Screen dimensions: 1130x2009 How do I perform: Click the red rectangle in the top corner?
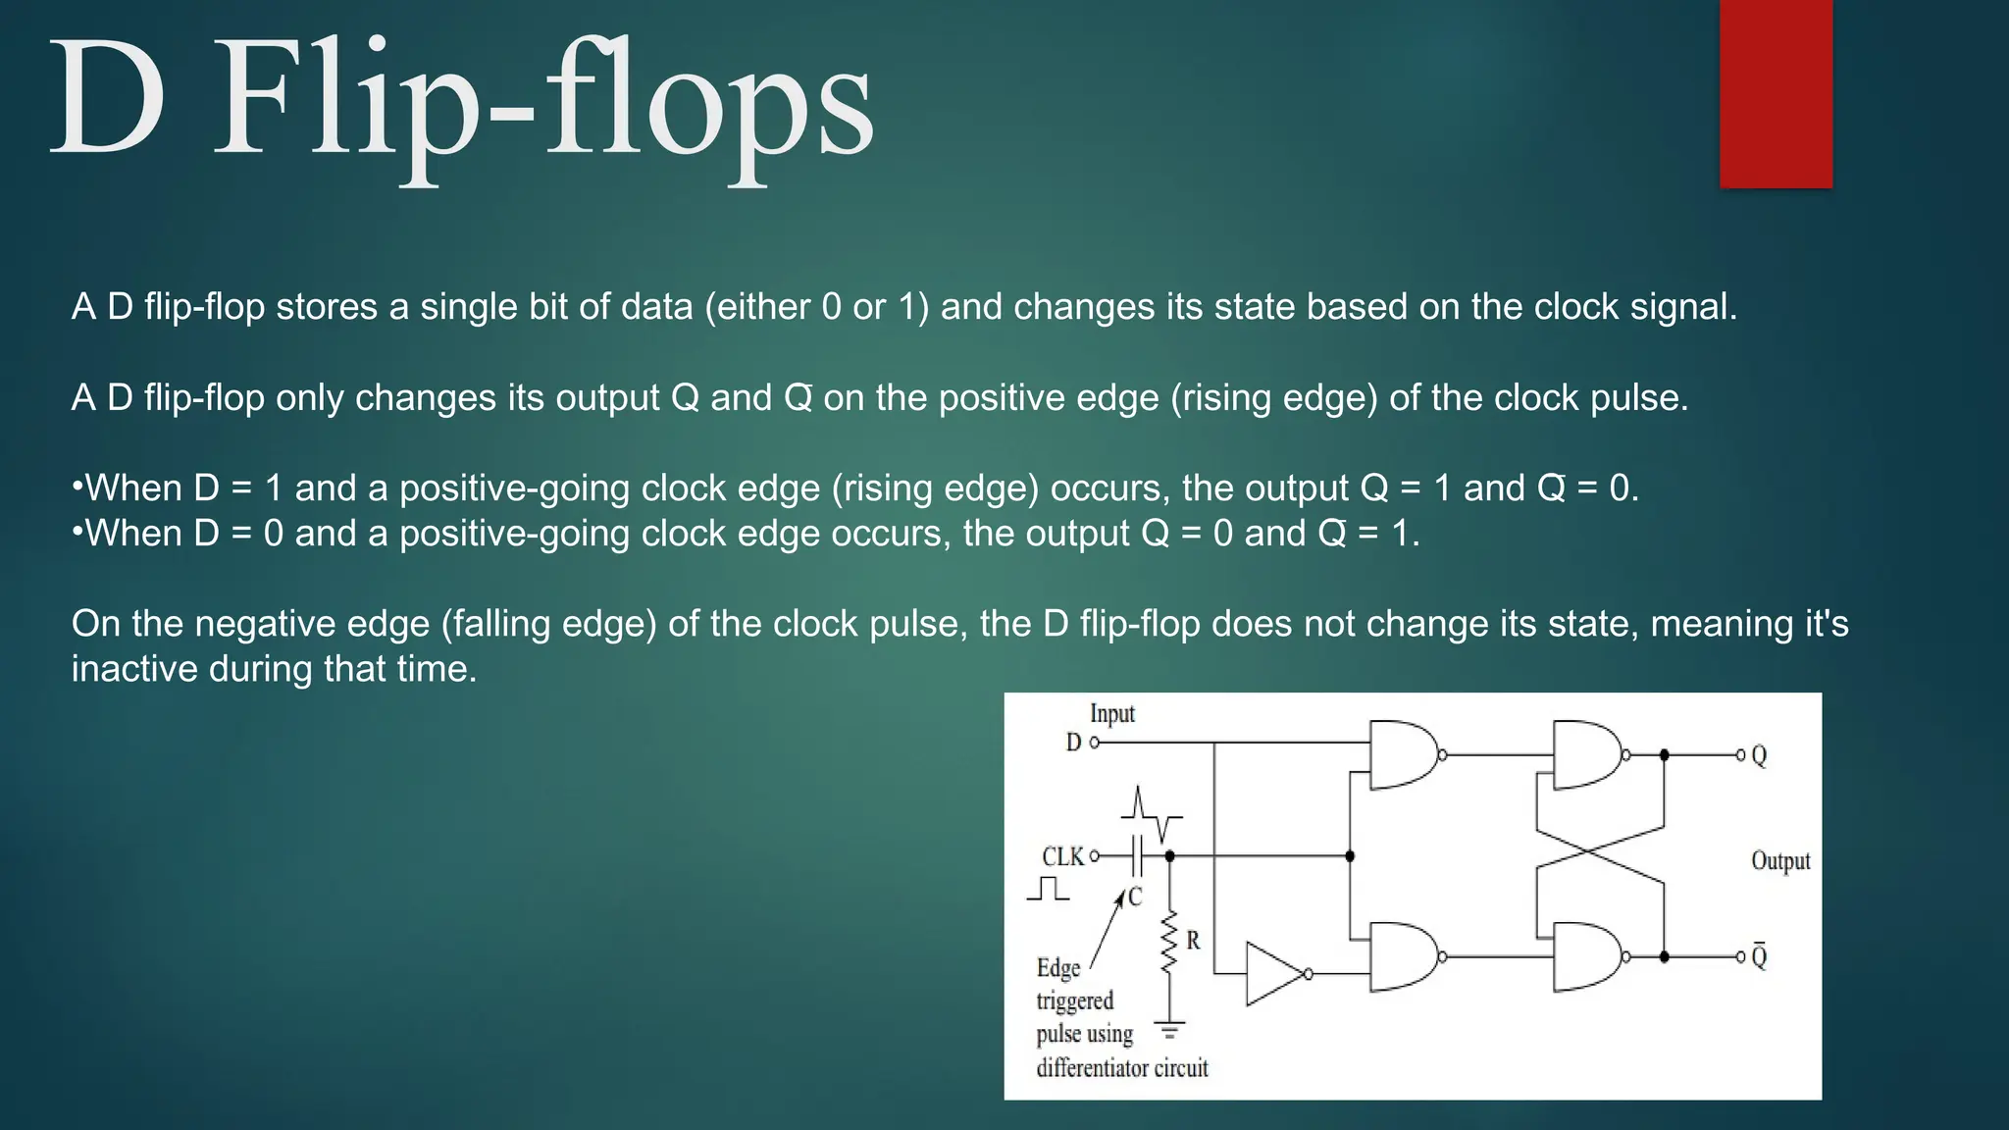[1776, 93]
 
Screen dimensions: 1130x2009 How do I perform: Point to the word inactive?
[134, 669]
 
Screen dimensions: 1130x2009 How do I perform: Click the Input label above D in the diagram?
[1111, 714]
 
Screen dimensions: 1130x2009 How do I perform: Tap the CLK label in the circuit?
[1062, 856]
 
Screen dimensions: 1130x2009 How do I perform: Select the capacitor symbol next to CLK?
[1137, 856]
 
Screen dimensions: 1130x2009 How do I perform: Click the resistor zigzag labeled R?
[1168, 942]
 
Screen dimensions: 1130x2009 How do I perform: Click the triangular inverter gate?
[1275, 973]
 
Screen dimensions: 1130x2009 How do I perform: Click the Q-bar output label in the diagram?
[1759, 955]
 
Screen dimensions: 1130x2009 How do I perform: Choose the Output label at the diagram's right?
[1780, 861]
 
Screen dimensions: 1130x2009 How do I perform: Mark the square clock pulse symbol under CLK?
[1049, 889]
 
